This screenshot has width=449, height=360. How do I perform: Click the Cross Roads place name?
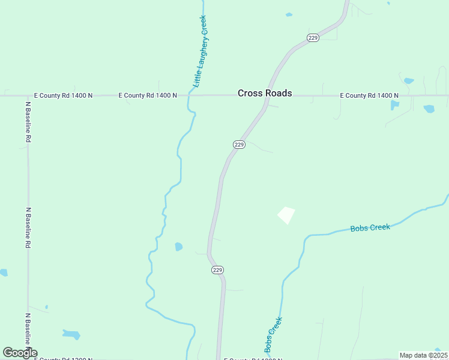pyautogui.click(x=265, y=93)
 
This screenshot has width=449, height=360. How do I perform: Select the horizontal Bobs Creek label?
pyautogui.click(x=370, y=227)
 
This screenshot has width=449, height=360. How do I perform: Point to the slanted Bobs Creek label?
pyautogui.click(x=273, y=335)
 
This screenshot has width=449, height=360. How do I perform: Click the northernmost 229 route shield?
pyautogui.click(x=313, y=37)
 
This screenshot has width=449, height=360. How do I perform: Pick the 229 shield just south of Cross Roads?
pyautogui.click(x=239, y=145)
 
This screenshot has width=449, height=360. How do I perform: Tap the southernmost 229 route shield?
pyautogui.click(x=217, y=270)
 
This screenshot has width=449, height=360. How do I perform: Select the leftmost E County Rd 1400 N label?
pyautogui.click(x=63, y=95)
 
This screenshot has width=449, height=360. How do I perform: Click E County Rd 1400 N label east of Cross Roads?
pyautogui.click(x=369, y=95)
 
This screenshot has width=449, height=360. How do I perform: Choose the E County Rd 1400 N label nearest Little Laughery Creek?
pyautogui.click(x=148, y=95)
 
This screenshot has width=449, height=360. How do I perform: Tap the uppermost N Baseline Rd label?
pyautogui.click(x=28, y=121)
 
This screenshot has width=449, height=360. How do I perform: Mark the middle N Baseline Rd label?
pyautogui.click(x=28, y=228)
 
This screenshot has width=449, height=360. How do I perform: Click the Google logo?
pyautogui.click(x=20, y=353)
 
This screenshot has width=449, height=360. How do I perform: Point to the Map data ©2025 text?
pyautogui.click(x=423, y=355)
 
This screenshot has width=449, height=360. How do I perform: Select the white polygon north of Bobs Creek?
pyautogui.click(x=286, y=215)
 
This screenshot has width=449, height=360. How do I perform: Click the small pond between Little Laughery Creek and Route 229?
pyautogui.click(x=178, y=247)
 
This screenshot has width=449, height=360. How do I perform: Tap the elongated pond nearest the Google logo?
pyautogui.click(x=71, y=334)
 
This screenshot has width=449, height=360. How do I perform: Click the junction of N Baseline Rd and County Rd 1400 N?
pyautogui.click(x=28, y=95)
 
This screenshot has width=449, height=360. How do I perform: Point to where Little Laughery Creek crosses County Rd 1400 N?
pyautogui.click(x=191, y=95)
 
